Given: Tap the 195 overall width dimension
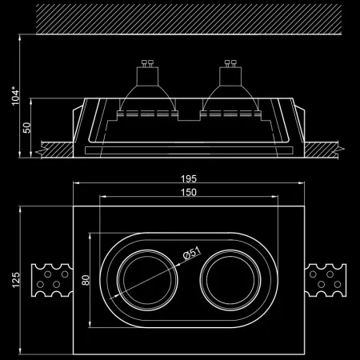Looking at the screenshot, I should pyautogui.click(x=190, y=178).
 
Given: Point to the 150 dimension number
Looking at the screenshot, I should pyautogui.click(x=190, y=193).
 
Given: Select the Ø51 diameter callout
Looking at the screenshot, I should pyautogui.click(x=191, y=255).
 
